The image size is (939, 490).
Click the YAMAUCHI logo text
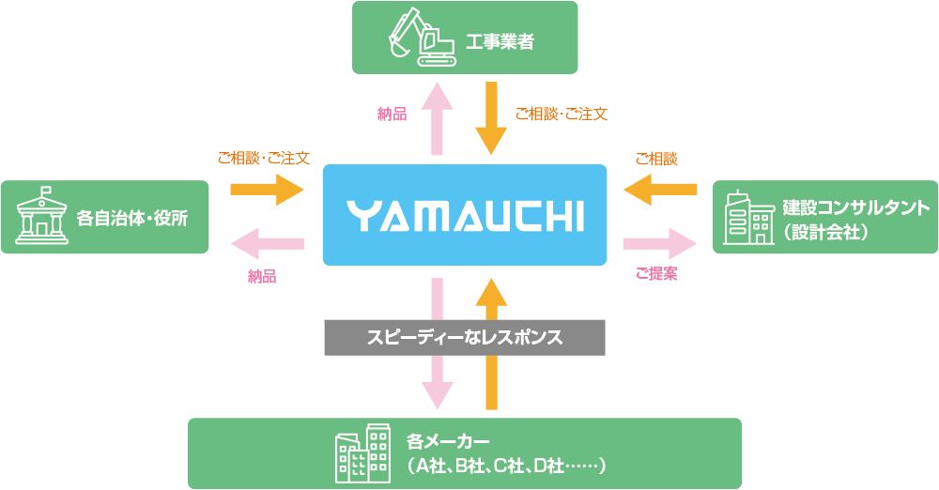click(x=465, y=215)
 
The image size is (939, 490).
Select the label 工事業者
click(x=500, y=41)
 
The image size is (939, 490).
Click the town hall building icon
click(x=38, y=217)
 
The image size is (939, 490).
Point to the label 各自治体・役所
click(x=132, y=218)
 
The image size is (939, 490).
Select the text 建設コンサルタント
click(x=855, y=207)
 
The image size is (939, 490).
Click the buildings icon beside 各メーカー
click(x=362, y=452)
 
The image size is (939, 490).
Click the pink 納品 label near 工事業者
click(x=392, y=115)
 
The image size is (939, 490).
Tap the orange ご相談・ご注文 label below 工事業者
click(x=561, y=115)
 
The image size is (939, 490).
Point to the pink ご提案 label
click(x=656, y=274)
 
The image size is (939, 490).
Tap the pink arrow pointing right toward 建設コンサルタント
click(x=660, y=244)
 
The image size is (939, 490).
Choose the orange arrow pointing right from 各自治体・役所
click(x=268, y=191)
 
